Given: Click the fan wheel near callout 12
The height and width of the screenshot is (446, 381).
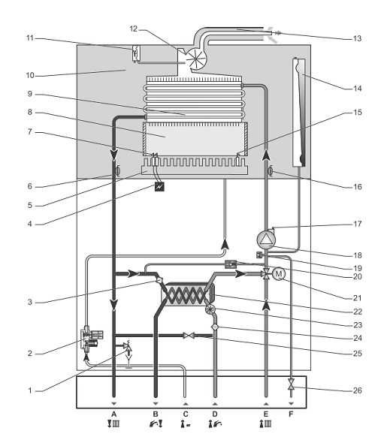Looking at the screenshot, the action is click(x=196, y=59).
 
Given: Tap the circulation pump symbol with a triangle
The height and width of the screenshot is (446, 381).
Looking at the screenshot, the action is click(x=266, y=240).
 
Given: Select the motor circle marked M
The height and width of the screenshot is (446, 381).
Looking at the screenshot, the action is click(x=279, y=274).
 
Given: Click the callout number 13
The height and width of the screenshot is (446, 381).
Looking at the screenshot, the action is click(x=357, y=38).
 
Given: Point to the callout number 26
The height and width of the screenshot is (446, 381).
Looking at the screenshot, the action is click(x=358, y=390).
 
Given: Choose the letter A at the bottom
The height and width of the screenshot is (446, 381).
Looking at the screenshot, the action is click(x=114, y=414).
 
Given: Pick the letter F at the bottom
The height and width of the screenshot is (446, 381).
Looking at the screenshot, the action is click(x=291, y=414).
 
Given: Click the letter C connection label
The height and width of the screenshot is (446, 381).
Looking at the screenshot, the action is click(x=186, y=414).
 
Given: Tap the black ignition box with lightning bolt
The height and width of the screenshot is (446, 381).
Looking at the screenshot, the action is click(x=159, y=187).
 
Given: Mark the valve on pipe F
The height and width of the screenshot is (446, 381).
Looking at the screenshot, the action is click(x=291, y=384).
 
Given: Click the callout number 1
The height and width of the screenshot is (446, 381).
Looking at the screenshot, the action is click(x=30, y=390).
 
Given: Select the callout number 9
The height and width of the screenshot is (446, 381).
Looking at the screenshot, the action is click(x=30, y=94).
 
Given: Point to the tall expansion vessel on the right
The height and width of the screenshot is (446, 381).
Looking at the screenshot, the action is click(x=299, y=112).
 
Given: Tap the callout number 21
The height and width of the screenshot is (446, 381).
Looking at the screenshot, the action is click(x=357, y=298).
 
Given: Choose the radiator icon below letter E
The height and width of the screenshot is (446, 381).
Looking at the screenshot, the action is click(x=265, y=424).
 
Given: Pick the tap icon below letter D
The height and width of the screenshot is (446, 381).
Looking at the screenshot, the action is click(x=215, y=424).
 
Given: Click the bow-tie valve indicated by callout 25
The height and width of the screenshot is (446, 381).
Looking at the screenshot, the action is click(x=189, y=336).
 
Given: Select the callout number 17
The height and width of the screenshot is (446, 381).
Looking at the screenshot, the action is click(x=357, y=224).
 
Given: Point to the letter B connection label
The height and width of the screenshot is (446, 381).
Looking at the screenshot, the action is click(x=156, y=414).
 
